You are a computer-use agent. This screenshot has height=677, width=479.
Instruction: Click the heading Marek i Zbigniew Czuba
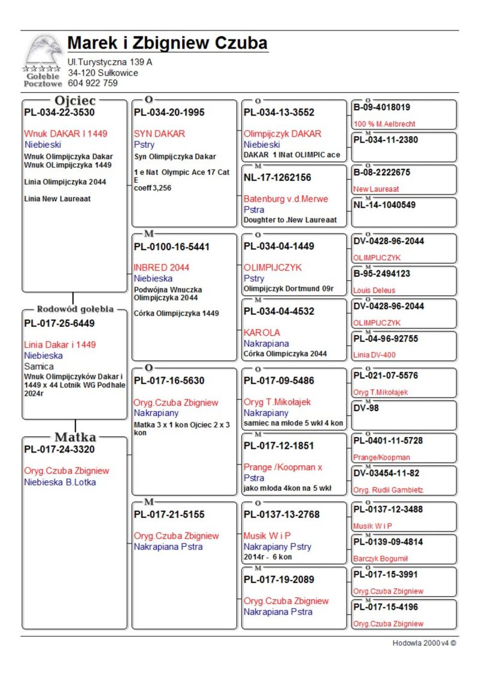pos(168,43)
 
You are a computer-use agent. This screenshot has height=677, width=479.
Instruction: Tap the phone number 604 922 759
pos(93,83)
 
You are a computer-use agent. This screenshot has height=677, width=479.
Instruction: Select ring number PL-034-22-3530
pos(59,112)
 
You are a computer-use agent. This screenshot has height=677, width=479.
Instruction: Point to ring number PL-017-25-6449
pos(59,323)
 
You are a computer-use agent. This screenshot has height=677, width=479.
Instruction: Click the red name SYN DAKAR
pos(159,133)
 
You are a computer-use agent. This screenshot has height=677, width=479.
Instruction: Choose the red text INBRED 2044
pos(161,268)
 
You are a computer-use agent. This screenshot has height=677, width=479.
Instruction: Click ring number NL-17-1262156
pos(277,177)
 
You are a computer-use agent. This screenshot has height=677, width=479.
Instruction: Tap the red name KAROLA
pos(262,332)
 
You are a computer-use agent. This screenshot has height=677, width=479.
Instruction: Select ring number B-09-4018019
pos(382,108)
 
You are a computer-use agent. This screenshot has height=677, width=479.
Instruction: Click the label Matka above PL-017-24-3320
pos(75,437)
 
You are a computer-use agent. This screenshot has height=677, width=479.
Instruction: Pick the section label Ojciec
pos(75,101)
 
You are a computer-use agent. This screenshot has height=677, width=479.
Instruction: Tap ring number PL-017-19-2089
pos(278,579)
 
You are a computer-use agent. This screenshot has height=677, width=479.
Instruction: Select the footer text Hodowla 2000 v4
pos(425,643)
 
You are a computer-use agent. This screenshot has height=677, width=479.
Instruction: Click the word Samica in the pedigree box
pos(39,366)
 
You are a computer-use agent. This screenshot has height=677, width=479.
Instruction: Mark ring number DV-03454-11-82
pos(386,473)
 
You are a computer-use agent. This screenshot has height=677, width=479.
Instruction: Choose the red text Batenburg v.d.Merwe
pos(286,199)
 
